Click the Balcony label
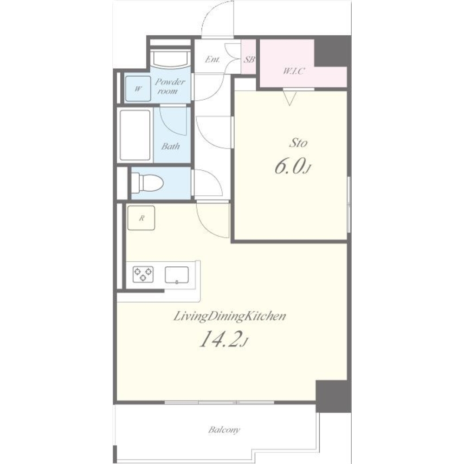tap(224, 430)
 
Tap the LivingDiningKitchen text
tap(229, 316)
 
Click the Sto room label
tap(298, 143)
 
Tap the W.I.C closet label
tap(294, 71)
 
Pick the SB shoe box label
tap(249, 59)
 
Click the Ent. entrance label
tap(213, 59)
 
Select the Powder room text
tap(170, 86)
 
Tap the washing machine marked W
tap(138, 89)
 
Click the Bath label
tap(170, 146)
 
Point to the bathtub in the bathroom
tap(135, 135)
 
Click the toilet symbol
tap(147, 182)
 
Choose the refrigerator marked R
tap(141, 218)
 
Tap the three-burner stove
tap(143, 274)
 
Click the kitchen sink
tap(177, 275)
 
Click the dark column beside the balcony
tap(333, 396)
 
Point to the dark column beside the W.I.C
tap(332, 51)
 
